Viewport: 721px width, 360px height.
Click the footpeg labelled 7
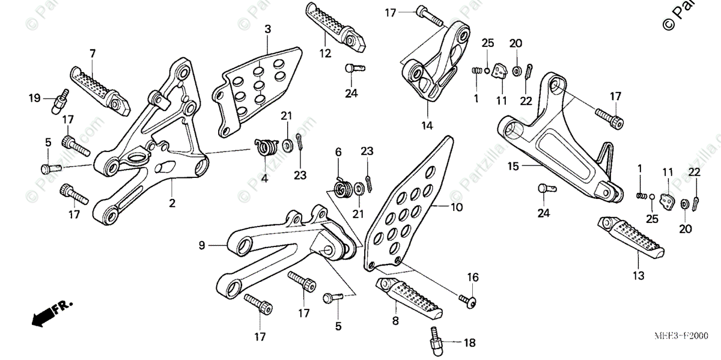100,90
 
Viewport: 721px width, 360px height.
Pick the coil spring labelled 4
265,147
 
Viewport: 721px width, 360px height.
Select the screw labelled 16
469,299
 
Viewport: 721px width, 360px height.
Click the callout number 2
172,204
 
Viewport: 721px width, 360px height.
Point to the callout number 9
202,245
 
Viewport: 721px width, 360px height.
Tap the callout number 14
427,126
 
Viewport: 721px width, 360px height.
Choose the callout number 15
513,165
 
